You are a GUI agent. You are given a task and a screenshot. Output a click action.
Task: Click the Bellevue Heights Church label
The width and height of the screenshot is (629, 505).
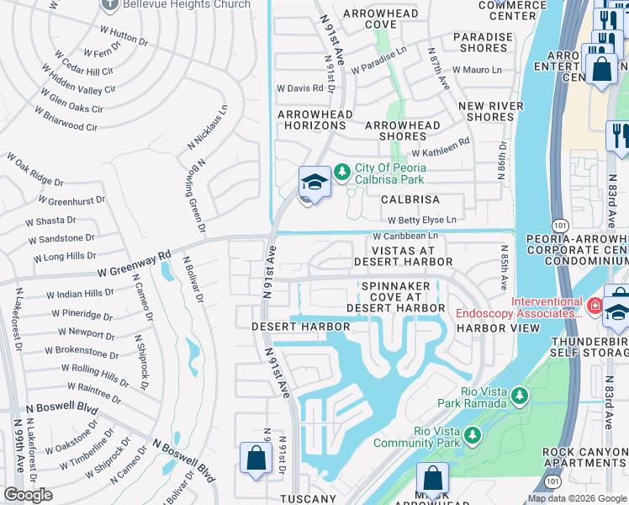[187, 5]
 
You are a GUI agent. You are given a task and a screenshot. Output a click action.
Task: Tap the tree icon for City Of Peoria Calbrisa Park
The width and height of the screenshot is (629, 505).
[341, 173]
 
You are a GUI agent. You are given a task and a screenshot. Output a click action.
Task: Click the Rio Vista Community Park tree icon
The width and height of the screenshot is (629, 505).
[473, 435]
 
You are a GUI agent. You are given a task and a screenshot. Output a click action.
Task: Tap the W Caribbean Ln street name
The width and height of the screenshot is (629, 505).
[405, 238]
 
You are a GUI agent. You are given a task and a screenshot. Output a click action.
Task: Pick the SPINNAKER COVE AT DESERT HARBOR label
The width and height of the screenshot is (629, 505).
[402, 297]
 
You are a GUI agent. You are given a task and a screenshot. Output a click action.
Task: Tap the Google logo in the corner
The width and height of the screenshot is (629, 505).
[29, 495]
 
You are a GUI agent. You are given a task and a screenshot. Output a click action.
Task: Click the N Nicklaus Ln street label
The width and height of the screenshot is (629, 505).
[206, 130]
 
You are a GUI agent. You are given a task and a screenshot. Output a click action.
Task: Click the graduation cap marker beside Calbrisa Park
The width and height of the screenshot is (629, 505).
[313, 182]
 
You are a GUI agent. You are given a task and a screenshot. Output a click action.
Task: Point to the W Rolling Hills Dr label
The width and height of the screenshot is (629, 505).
[95, 375]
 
